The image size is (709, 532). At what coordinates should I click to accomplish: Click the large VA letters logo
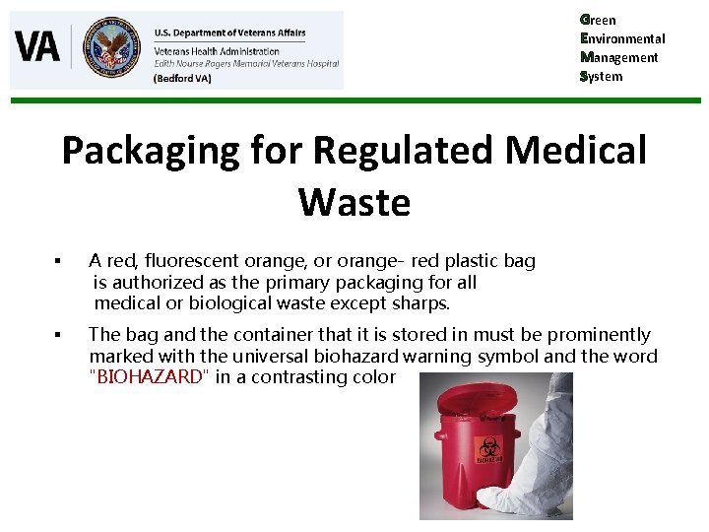point(37,47)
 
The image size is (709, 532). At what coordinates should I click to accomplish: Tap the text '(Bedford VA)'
point(182,78)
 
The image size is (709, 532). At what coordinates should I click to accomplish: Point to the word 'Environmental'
point(622,38)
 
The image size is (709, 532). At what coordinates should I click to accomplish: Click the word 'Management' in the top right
point(619,57)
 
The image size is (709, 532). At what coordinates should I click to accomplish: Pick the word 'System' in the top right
point(602,76)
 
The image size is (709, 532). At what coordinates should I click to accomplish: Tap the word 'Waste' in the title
point(354,202)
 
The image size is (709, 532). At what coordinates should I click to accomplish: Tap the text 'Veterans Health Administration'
point(217,50)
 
